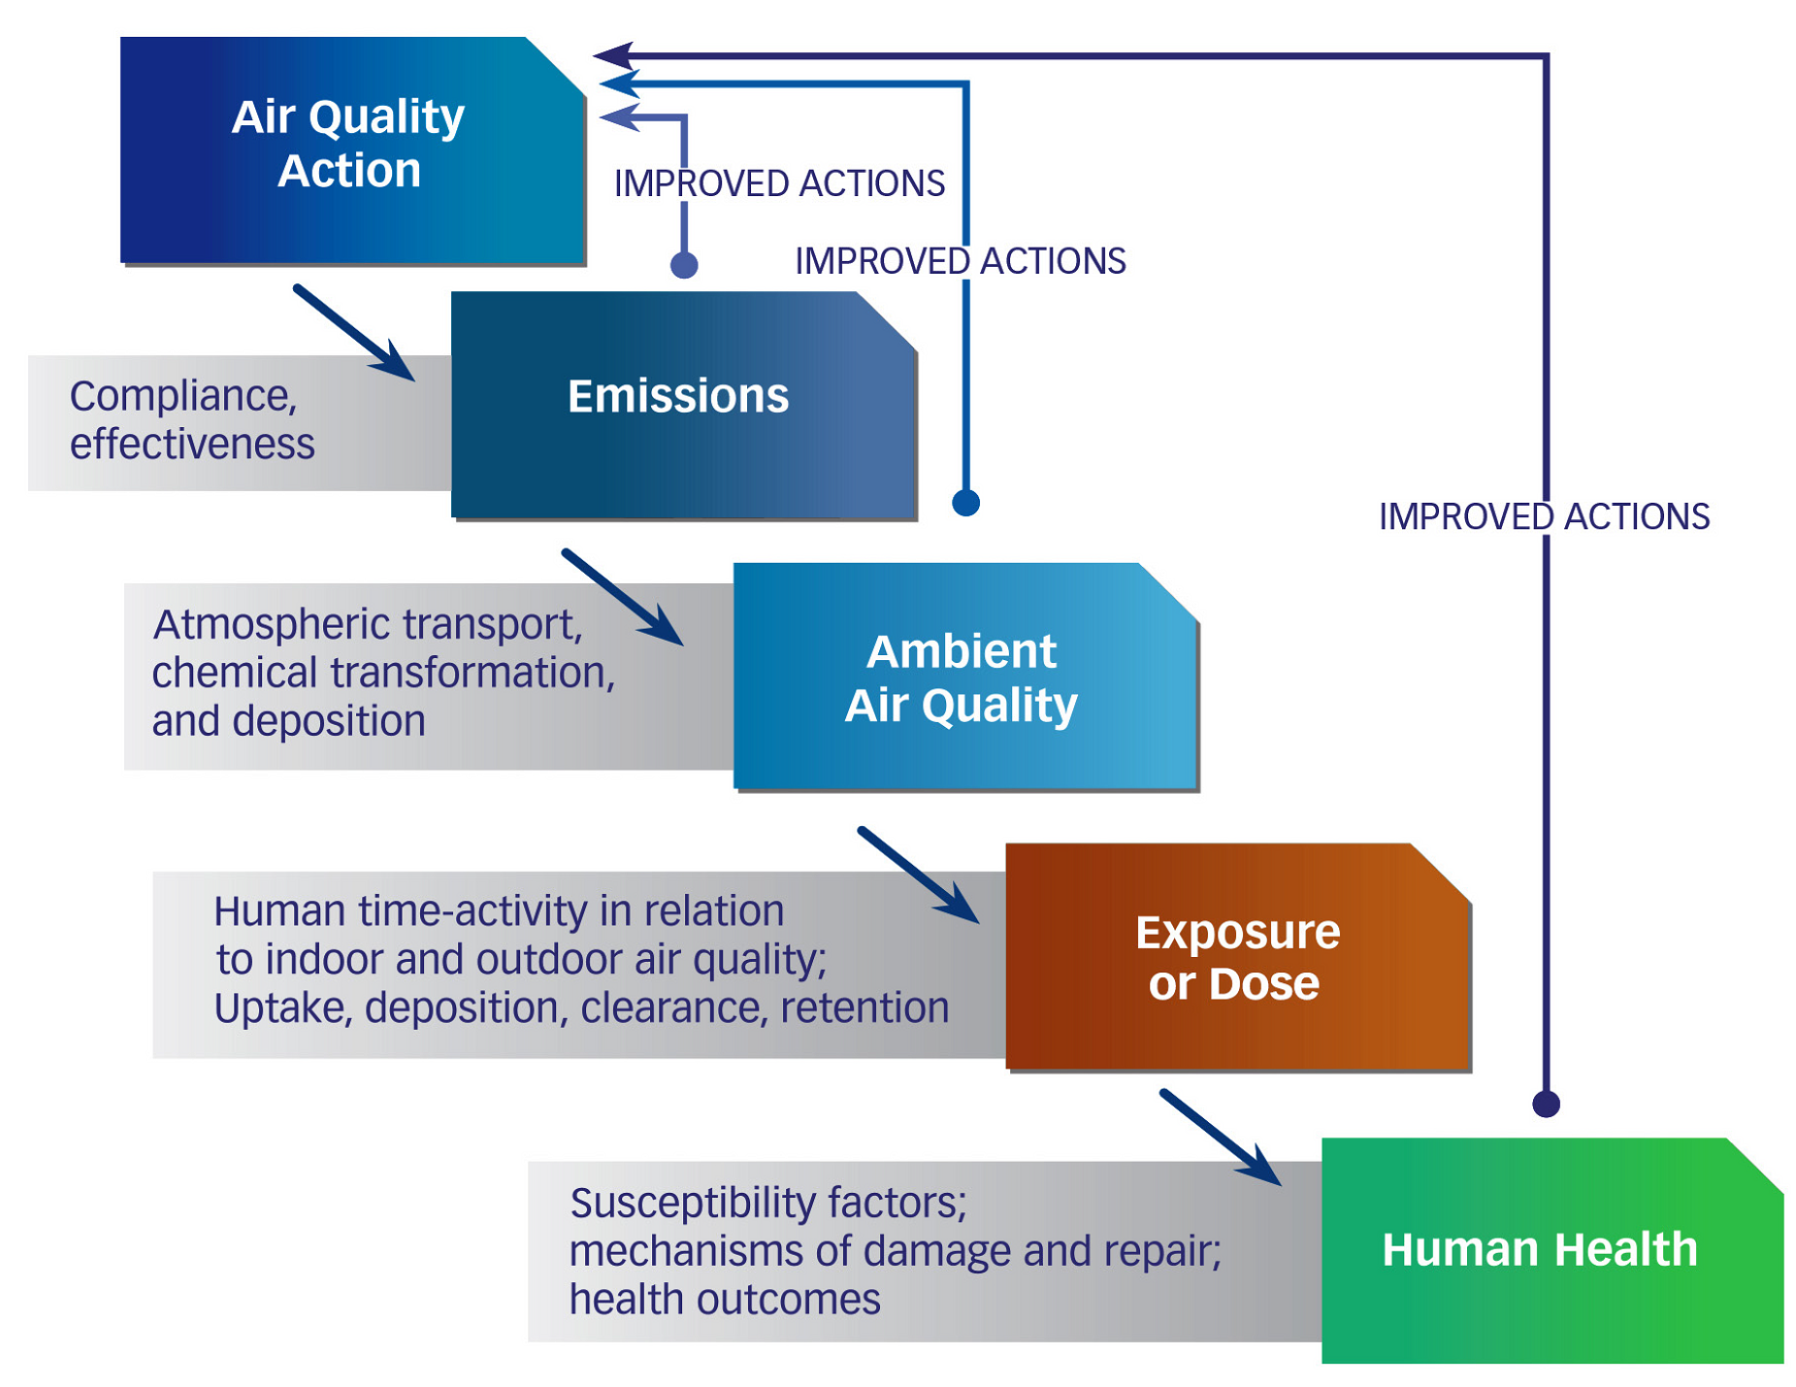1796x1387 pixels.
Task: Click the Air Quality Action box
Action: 351,149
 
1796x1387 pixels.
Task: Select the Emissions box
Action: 683,405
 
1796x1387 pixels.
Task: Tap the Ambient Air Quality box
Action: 965,677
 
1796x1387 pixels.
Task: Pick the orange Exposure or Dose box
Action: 1238,957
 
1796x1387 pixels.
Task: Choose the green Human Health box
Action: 1551,1250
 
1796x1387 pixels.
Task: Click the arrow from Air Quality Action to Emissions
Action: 354,333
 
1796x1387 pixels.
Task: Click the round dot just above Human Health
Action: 1546,1104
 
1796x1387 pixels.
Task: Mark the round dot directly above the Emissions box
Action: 684,265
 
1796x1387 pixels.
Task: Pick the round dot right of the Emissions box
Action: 965,503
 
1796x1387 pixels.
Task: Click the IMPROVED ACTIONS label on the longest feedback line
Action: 1544,516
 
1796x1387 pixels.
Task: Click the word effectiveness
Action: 192,445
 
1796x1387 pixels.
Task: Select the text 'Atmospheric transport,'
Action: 368,624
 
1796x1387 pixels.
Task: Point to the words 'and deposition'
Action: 288,721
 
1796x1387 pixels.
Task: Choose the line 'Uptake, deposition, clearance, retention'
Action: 581,1007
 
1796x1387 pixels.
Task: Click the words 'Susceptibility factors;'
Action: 768,1203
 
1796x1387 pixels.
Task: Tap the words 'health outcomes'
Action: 725,1299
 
